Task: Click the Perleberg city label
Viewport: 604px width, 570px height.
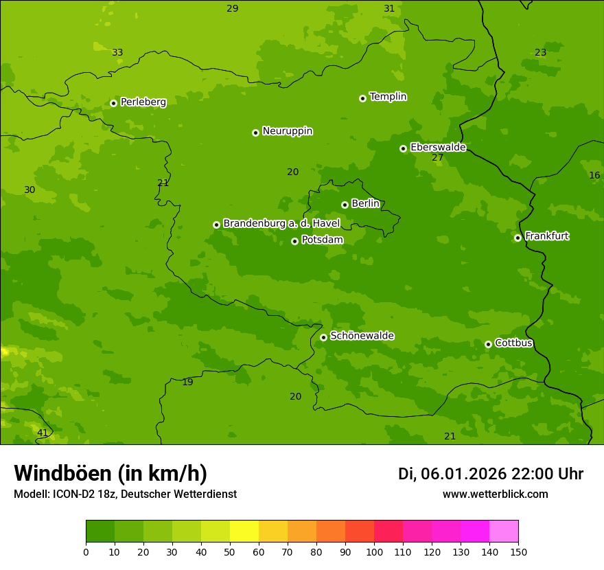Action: click(x=143, y=102)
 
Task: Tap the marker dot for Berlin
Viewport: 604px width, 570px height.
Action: click(x=345, y=205)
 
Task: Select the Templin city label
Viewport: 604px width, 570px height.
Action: click(x=388, y=97)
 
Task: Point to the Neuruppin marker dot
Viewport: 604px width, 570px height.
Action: click(x=255, y=133)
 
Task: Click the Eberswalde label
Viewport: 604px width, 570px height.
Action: click(x=438, y=147)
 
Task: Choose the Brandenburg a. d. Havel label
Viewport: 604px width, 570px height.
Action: click(x=281, y=223)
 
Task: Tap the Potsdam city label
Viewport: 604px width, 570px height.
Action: click(x=322, y=240)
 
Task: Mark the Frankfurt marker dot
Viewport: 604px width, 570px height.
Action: click(x=518, y=238)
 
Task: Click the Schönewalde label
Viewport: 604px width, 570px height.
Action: click(x=362, y=336)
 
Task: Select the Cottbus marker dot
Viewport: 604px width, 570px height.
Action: click(x=488, y=344)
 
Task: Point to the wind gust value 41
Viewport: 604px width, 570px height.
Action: click(x=43, y=433)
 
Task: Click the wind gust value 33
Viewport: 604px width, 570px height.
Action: click(x=117, y=52)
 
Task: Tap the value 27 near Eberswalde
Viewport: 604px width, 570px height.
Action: click(x=437, y=158)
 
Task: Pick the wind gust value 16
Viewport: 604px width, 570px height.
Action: click(x=594, y=175)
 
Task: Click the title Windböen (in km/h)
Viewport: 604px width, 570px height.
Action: click(x=111, y=473)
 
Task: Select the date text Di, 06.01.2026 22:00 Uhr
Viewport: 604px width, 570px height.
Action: click(x=490, y=474)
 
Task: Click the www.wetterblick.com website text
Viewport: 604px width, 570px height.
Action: click(x=495, y=494)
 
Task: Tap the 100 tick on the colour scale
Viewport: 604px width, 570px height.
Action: click(x=374, y=551)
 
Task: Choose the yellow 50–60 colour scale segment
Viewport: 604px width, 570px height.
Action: click(x=244, y=532)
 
